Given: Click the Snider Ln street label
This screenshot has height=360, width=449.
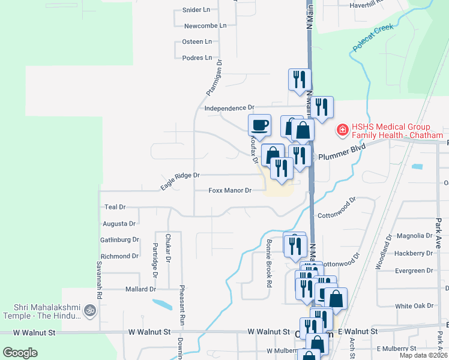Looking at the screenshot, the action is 196,10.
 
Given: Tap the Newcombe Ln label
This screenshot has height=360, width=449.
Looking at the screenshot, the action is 205,26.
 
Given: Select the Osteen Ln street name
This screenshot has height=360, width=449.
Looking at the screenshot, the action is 197,42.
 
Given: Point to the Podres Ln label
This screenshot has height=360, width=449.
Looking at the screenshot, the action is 197,58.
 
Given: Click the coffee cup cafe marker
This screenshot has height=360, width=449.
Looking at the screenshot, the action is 260,125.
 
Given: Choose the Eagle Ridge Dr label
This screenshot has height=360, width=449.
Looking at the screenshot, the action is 179,181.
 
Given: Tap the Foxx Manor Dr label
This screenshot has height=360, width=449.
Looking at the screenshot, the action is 229,191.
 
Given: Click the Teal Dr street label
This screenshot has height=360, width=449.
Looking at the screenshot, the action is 115,206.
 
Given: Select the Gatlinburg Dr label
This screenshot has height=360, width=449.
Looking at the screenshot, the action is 119,239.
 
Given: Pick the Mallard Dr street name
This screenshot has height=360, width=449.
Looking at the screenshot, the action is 140,289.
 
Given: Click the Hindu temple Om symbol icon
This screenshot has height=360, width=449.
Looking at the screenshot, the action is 90,311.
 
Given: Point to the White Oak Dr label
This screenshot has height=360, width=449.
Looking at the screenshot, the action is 414,306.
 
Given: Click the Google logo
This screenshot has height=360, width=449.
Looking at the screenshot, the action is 20,353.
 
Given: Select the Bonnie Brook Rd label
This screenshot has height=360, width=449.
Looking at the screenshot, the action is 269,264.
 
